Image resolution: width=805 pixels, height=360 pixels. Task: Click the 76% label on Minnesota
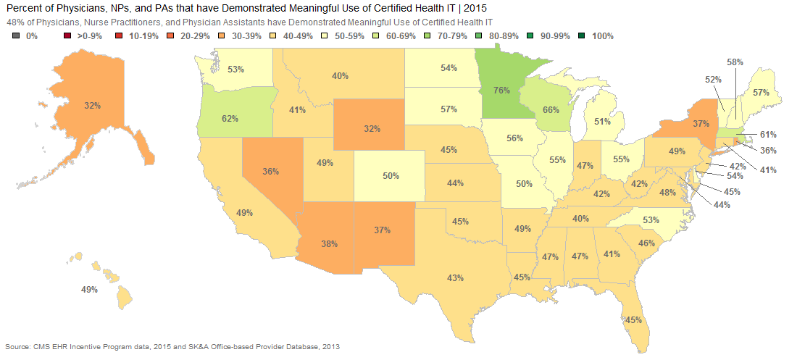pos(501,91)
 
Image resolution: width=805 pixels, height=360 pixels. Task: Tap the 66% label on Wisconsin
pos(551,109)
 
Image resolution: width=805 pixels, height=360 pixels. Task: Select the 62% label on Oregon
pos(230,119)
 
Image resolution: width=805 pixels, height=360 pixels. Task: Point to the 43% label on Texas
pos(455,278)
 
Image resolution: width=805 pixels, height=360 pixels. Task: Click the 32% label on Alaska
pos(93,106)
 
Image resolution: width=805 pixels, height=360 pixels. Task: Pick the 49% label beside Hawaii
pos(89,290)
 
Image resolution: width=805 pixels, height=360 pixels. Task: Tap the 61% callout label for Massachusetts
pos(769,135)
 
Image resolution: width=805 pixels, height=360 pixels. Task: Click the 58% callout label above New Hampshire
pos(735,62)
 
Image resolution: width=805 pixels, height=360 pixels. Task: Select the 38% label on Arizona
pos(329,244)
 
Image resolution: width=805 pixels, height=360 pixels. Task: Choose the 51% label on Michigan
pos(602,122)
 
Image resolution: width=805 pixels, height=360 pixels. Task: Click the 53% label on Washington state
pos(235,69)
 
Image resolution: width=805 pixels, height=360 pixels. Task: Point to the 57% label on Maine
pos(761,93)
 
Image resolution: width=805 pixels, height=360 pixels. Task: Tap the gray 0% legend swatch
pos(16,36)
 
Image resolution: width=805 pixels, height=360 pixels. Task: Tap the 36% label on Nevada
pos(270,172)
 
